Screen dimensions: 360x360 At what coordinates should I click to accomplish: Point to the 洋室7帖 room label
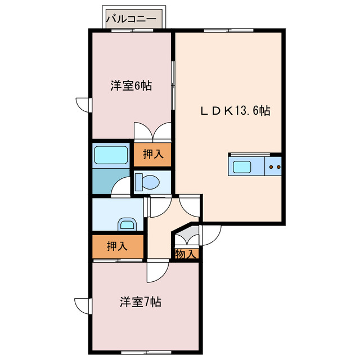coord(140,302)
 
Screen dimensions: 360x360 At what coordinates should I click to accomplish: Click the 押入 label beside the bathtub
coord(152,154)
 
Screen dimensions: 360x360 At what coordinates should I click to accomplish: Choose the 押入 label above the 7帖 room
coord(117,245)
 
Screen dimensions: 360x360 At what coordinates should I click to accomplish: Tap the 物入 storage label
coord(186,254)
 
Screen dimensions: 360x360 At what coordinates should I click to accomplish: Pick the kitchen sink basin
coord(242,166)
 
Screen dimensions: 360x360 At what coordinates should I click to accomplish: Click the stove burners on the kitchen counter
coord(274,166)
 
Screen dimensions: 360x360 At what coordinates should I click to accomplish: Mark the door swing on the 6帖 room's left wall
coord(84,105)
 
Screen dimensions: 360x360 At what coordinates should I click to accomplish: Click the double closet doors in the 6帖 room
coord(152,131)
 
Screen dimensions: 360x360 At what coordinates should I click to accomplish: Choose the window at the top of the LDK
coord(228,29)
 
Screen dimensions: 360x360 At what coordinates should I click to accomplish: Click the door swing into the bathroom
coord(120,188)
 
